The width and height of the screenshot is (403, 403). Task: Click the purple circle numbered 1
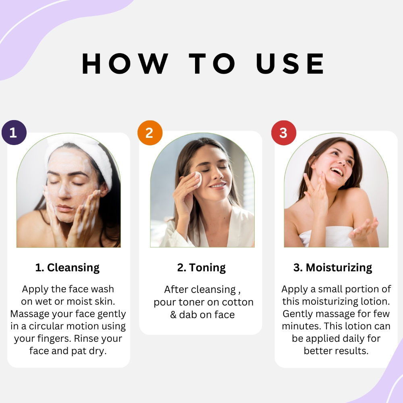coord(14,133)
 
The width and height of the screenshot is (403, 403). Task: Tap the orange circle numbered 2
coord(150,133)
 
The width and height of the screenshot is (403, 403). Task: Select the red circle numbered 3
coord(284,133)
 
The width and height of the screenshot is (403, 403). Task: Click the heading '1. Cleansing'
coord(67,268)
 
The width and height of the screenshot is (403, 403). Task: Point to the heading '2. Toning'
coord(201,268)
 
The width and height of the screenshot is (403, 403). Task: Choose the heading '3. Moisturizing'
coord(332,268)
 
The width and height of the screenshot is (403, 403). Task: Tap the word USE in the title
coord(290,64)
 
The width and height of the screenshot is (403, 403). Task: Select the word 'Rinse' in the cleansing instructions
coord(85,338)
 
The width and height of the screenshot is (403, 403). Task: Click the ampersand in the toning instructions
coord(173,315)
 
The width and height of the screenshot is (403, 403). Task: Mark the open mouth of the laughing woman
coord(337,171)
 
